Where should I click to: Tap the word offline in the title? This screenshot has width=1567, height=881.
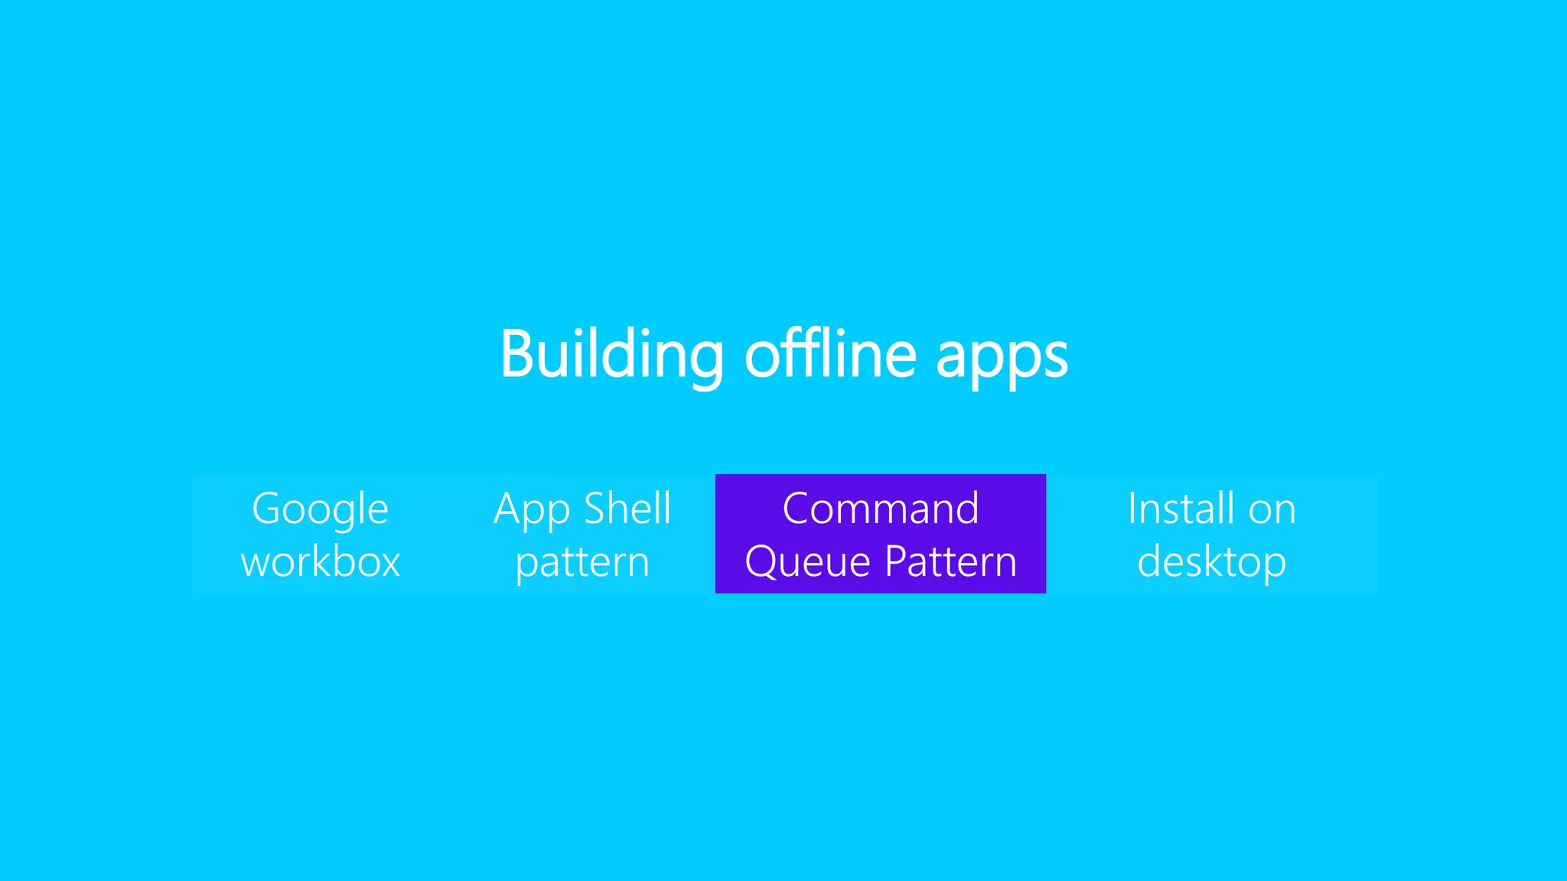830,354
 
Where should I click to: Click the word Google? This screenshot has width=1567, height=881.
320,509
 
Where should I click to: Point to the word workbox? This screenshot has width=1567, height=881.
321,562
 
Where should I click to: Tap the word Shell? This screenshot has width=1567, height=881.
627,509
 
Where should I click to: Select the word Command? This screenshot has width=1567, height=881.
881,509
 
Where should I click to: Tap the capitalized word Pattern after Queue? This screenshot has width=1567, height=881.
951,562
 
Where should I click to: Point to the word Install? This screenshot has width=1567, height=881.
1181,509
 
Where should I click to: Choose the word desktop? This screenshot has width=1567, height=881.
1212,563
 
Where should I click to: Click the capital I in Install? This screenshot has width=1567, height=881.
1133,509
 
